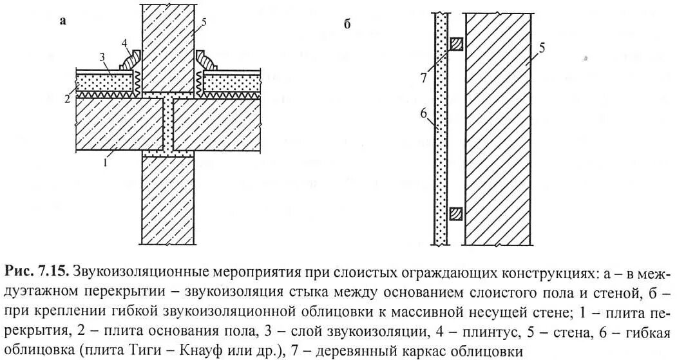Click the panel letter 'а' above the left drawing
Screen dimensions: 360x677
click(x=63, y=21)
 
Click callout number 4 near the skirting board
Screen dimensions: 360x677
click(x=124, y=44)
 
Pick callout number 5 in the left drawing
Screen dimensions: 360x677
click(x=204, y=23)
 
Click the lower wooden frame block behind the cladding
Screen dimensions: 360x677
click(x=455, y=213)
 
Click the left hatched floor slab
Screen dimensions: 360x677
click(x=119, y=122)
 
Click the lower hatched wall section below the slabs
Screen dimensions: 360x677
click(x=168, y=200)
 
